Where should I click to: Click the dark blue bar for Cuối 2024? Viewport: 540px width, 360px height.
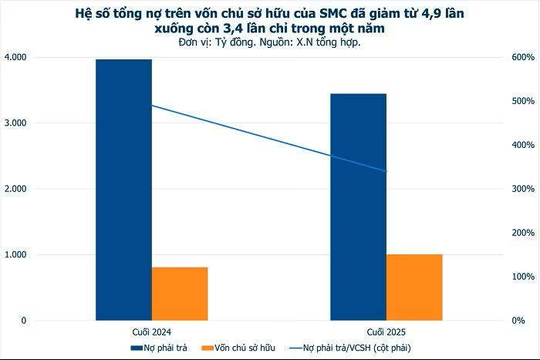click(123, 189)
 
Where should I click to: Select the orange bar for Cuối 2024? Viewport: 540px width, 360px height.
click(180, 294)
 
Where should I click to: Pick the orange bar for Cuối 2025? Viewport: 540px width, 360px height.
click(414, 287)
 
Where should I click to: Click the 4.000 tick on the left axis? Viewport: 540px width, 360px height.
click(15, 57)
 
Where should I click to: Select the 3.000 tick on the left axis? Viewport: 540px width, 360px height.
click(15, 123)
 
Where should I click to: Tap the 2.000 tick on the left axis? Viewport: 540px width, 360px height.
click(15, 189)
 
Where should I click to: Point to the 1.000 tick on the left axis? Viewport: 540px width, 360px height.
click(15, 254)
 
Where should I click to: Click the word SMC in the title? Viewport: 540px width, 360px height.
click(334, 14)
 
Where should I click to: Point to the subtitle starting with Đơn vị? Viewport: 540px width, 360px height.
click(269, 42)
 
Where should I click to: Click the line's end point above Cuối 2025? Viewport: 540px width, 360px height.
click(386, 171)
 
